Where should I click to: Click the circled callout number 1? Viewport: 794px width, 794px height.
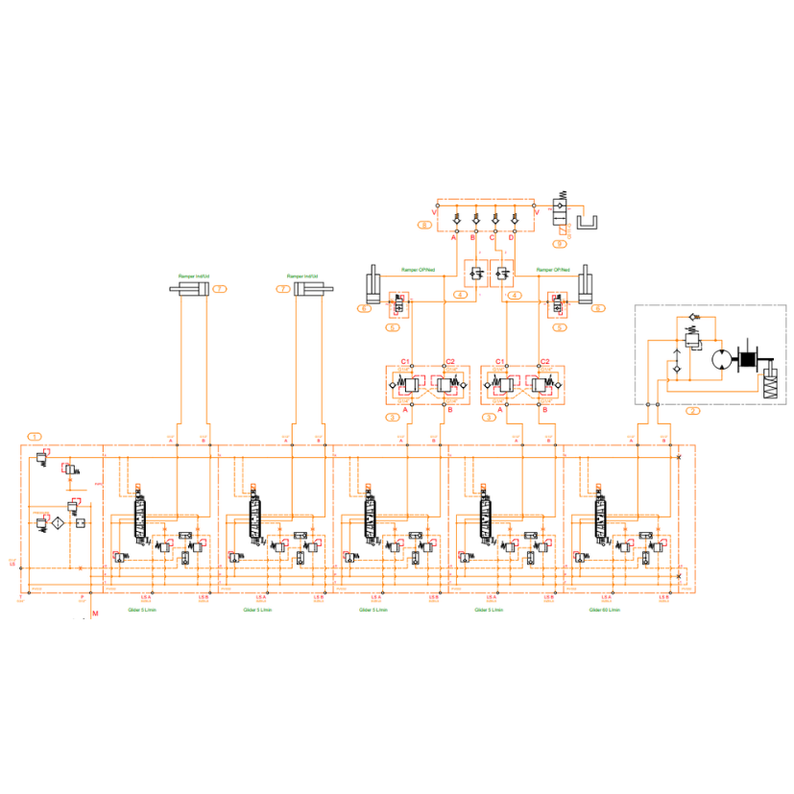point(36,436)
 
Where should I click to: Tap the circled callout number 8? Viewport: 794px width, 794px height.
point(423,225)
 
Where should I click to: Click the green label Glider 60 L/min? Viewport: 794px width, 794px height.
point(603,610)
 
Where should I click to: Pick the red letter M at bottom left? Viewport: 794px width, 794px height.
point(94,613)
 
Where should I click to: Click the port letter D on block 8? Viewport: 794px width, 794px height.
point(512,237)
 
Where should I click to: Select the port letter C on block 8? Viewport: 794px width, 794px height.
point(493,237)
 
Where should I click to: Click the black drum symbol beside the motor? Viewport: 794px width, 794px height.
point(746,361)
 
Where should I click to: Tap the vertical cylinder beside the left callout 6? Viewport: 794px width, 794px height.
point(372,287)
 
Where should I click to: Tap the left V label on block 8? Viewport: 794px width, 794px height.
point(434,212)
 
